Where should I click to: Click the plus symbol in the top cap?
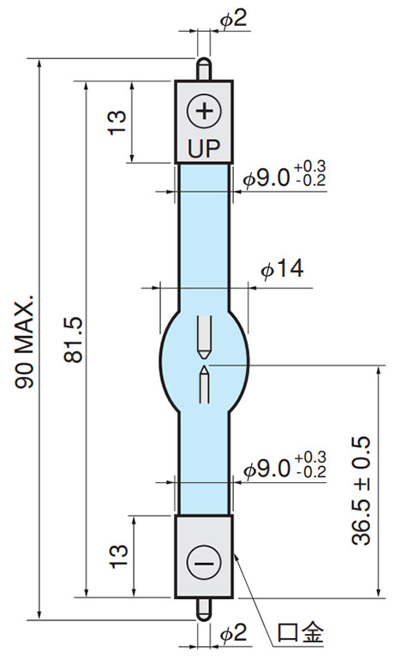(x=204, y=111)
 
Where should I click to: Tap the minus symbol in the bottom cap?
(x=204, y=563)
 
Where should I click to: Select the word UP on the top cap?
(x=204, y=148)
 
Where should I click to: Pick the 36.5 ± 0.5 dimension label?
(x=361, y=491)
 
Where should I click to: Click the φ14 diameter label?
(x=282, y=268)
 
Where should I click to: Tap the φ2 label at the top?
(x=235, y=19)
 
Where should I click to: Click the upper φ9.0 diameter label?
(x=267, y=179)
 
